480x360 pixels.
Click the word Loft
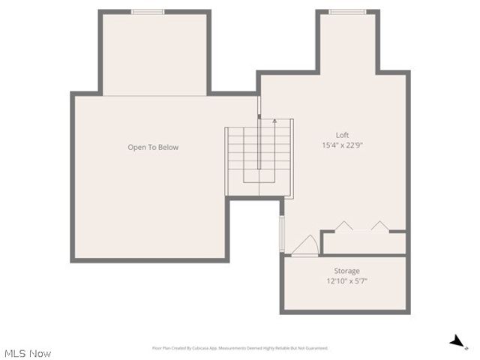pos(342,135)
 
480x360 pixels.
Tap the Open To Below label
pos(153,148)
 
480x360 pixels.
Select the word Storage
pos(346,271)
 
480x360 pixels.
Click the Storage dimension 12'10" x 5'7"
pos(346,282)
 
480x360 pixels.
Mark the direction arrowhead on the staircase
pos(274,120)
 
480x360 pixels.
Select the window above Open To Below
pos(148,11)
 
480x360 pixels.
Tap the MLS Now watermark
pos(28,352)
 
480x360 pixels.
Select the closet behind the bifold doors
pos(364,243)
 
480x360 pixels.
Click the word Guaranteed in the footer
pos(316,348)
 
